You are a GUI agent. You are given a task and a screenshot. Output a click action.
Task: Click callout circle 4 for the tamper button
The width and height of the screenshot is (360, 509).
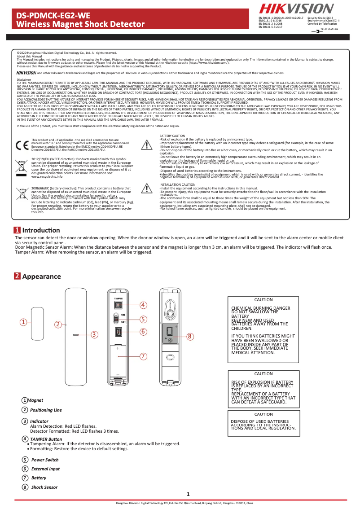143,305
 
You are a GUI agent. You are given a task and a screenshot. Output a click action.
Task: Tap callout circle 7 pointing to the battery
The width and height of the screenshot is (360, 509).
143,356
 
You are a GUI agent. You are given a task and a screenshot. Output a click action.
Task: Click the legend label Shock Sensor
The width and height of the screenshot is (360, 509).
44,487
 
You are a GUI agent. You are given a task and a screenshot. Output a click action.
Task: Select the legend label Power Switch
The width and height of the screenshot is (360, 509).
45,460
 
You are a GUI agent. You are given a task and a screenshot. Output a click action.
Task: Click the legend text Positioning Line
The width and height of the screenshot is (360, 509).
46,410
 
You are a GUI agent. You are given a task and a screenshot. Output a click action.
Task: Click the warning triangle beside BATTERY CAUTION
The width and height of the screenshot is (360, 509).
147,145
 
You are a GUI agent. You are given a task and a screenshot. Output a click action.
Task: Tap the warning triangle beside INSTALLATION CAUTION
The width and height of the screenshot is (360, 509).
147,188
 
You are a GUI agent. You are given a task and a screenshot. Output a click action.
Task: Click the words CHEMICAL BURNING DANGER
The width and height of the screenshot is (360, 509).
260,308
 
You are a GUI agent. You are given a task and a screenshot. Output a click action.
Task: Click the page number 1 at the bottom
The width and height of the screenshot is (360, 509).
188,495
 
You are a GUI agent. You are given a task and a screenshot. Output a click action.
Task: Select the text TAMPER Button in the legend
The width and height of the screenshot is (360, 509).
46,439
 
